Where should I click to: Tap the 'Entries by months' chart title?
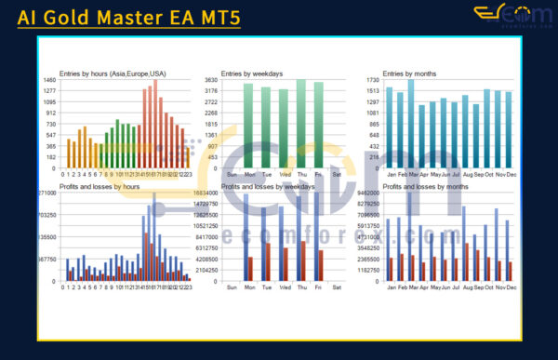[x=410, y=73]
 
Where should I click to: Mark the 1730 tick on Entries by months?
[x=370, y=80]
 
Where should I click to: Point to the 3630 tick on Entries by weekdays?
[x=210, y=80]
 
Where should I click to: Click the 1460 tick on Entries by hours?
[x=48, y=80]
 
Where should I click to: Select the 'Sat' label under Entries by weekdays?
[x=337, y=174]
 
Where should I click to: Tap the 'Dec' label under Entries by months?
[x=510, y=174]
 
